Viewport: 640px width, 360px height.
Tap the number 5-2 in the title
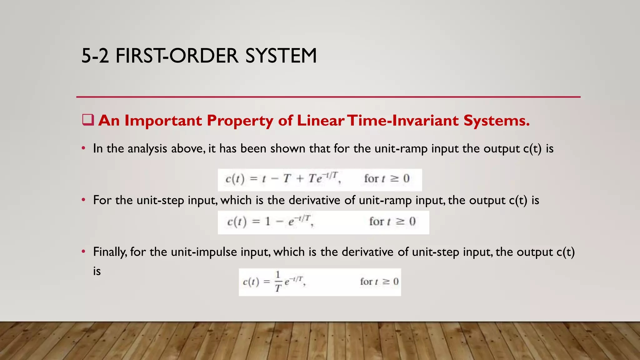click(95, 56)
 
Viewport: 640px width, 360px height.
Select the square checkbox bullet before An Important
click(88, 120)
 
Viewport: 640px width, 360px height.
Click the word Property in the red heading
click(240, 121)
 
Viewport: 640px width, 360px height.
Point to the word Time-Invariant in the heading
click(403, 121)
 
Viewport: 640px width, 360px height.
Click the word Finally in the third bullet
click(109, 252)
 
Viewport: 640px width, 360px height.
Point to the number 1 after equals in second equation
click(267, 222)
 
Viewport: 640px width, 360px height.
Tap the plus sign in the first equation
click(300, 179)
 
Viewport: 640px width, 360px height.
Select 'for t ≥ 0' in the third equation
click(379, 282)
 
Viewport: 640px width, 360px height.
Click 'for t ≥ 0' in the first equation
click(387, 179)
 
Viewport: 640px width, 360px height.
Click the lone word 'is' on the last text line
click(97, 271)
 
